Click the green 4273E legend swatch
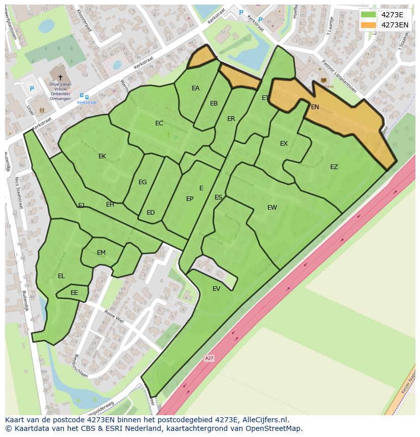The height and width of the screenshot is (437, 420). [x=368, y=14]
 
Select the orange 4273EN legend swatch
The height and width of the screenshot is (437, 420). [x=368, y=25]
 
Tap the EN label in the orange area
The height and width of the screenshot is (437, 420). [x=315, y=107]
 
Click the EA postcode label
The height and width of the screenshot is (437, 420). [x=195, y=88]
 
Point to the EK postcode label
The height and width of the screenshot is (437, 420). [x=102, y=156]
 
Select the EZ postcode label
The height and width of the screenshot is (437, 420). [x=334, y=167]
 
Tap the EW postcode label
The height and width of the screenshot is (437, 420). [x=272, y=207]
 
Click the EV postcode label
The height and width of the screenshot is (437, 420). [x=217, y=289]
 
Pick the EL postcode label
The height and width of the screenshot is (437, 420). [x=61, y=276]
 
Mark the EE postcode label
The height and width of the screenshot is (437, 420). [x=74, y=293]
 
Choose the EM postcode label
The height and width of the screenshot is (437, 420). [x=101, y=253]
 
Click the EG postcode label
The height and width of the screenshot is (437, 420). [x=143, y=182]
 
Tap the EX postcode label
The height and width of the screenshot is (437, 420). [x=284, y=144]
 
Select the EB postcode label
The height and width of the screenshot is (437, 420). [x=214, y=104]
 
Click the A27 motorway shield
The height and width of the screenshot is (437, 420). [x=209, y=358]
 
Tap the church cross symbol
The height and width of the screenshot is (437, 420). [x=60, y=77]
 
